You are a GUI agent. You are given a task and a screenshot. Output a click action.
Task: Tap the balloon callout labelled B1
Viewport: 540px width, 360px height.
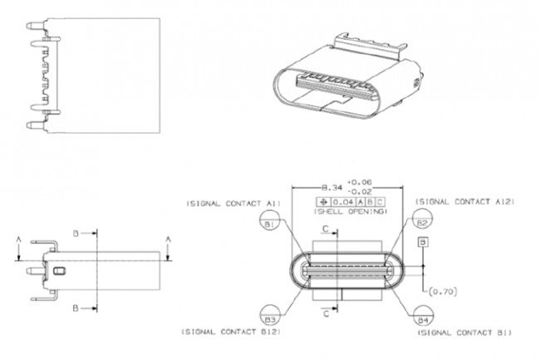268,224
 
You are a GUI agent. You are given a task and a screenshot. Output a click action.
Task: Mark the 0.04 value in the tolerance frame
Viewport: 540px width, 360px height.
342,202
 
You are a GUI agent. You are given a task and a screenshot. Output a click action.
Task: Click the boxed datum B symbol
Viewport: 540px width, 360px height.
423,241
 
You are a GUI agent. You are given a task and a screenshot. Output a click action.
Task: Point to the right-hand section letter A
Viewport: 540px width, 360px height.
169,239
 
